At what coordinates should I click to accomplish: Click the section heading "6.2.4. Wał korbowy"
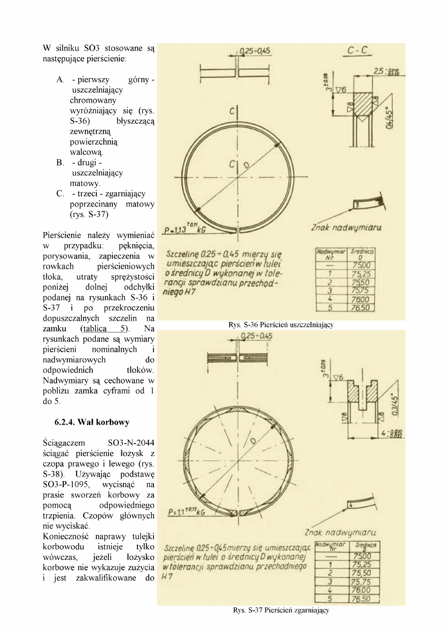[x=92, y=422]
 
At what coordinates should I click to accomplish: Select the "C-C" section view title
[x=358, y=50]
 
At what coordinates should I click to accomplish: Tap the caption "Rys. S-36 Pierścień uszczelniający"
[x=281, y=325]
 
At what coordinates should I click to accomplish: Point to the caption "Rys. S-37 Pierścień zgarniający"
[x=281, y=610]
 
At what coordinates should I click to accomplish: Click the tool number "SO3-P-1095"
[x=66, y=485]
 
